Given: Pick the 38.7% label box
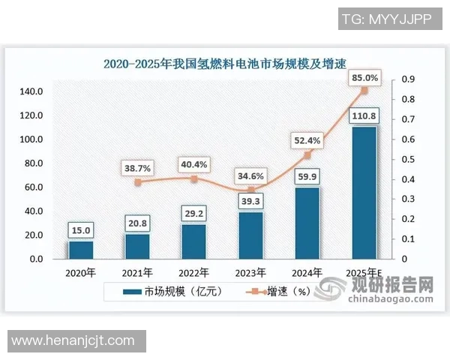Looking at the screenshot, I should click(x=137, y=169).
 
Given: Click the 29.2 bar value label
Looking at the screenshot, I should click(x=195, y=214).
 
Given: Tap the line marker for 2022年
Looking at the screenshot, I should click(x=194, y=179).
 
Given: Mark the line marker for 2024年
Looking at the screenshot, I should click(x=307, y=155).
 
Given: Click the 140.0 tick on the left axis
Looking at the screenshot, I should click(x=31, y=92).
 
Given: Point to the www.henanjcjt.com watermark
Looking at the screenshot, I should click(x=73, y=340).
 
